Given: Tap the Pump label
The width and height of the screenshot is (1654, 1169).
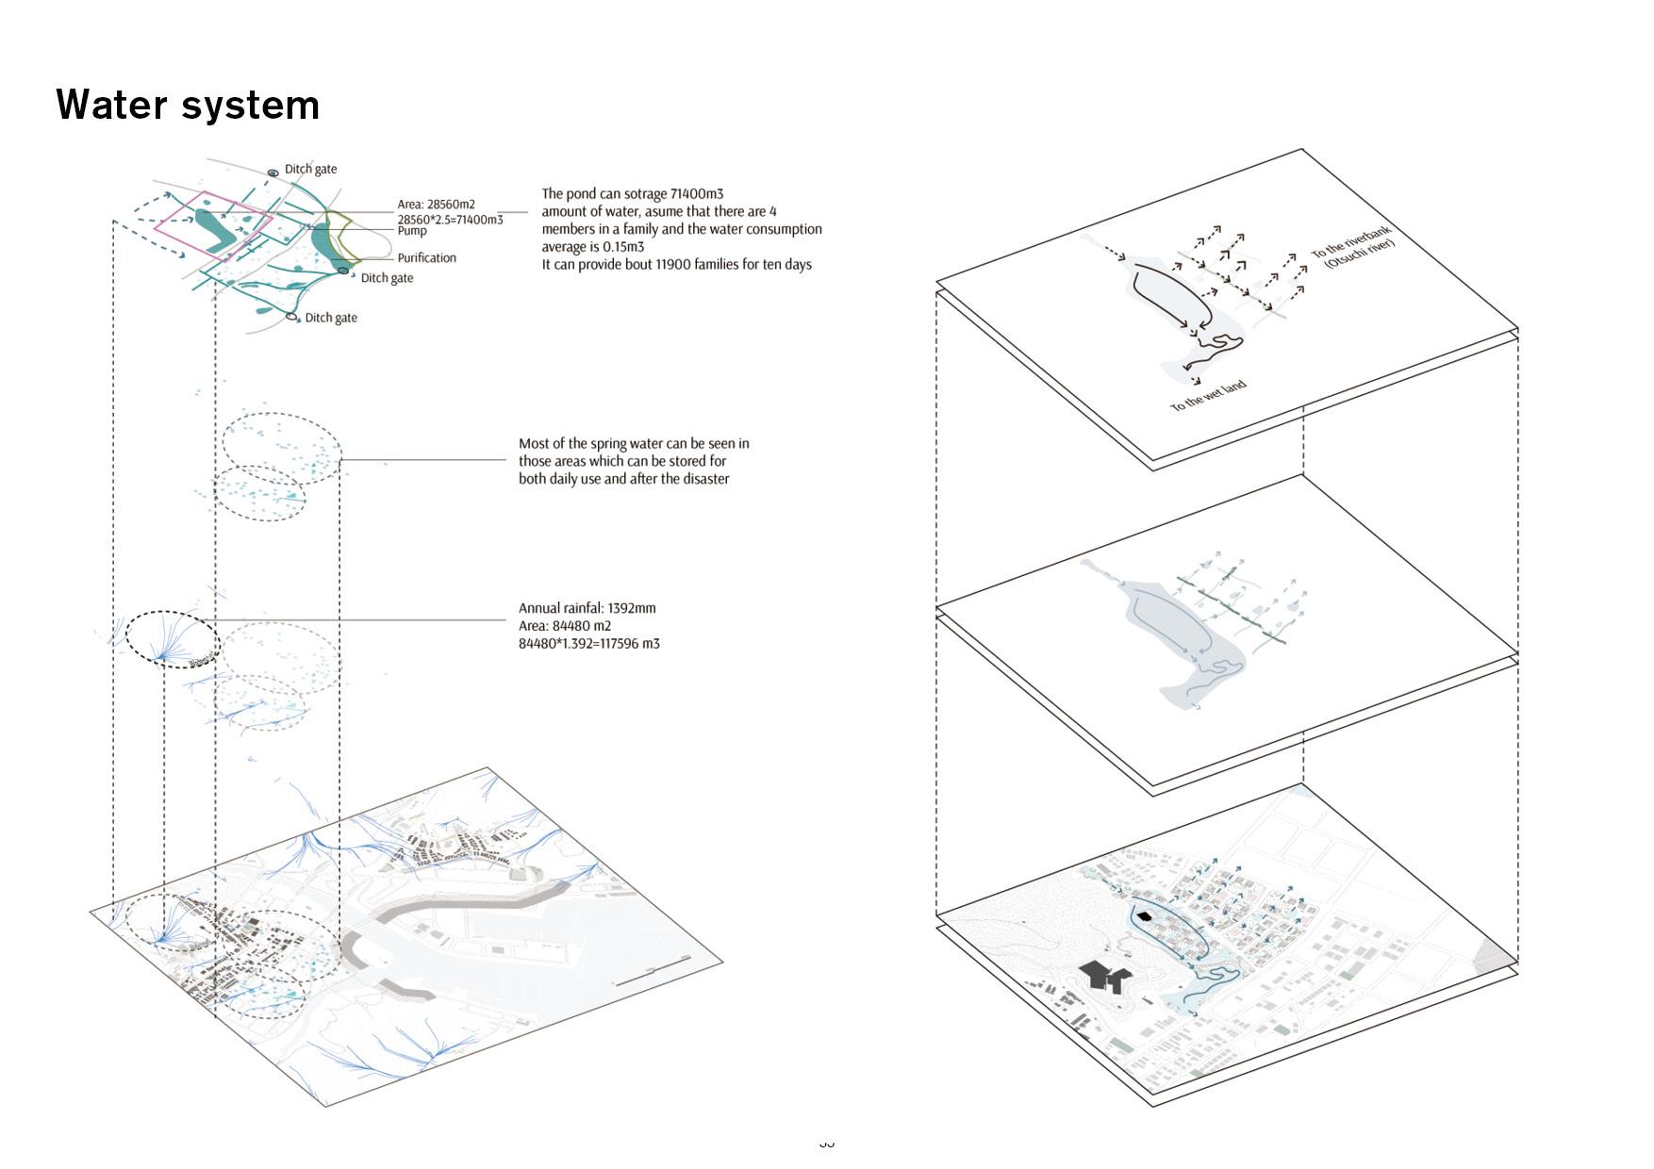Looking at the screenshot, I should coord(412,231).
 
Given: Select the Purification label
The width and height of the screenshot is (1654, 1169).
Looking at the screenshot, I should coord(426,257).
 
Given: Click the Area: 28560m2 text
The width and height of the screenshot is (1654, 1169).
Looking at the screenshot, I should coord(436,205).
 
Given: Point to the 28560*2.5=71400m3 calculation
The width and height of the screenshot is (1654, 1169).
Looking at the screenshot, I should coord(450,220).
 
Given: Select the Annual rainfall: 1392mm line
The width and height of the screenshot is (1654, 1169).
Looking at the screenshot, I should coord(587,608).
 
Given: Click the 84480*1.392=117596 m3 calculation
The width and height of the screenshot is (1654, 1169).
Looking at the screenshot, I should coord(588,644).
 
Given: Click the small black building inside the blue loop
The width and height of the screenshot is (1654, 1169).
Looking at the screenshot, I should coord(1145,915).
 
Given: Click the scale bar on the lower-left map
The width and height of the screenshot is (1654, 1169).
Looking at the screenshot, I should coord(650,976).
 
